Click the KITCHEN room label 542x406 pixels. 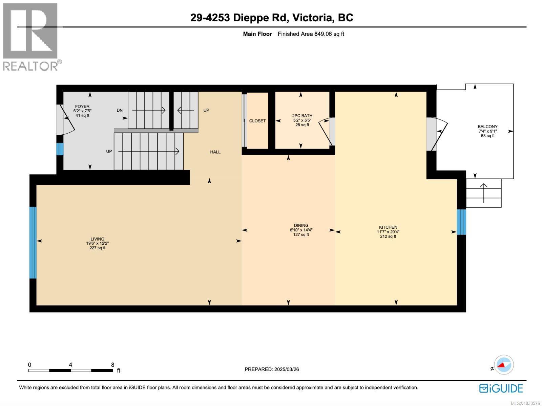click(x=388, y=227)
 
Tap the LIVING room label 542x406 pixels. click(x=97, y=239)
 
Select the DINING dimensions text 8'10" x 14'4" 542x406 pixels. click(x=301, y=230)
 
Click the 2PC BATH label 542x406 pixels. click(x=302, y=116)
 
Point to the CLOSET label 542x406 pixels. click(x=257, y=121)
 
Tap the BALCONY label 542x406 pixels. click(x=487, y=127)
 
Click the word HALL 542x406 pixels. click(x=215, y=152)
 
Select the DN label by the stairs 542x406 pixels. click(x=120, y=110)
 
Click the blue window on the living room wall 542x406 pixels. click(x=33, y=242)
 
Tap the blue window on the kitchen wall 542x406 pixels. click(x=461, y=222)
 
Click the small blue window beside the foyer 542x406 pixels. click(x=60, y=149)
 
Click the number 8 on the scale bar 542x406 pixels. click(x=112, y=365)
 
